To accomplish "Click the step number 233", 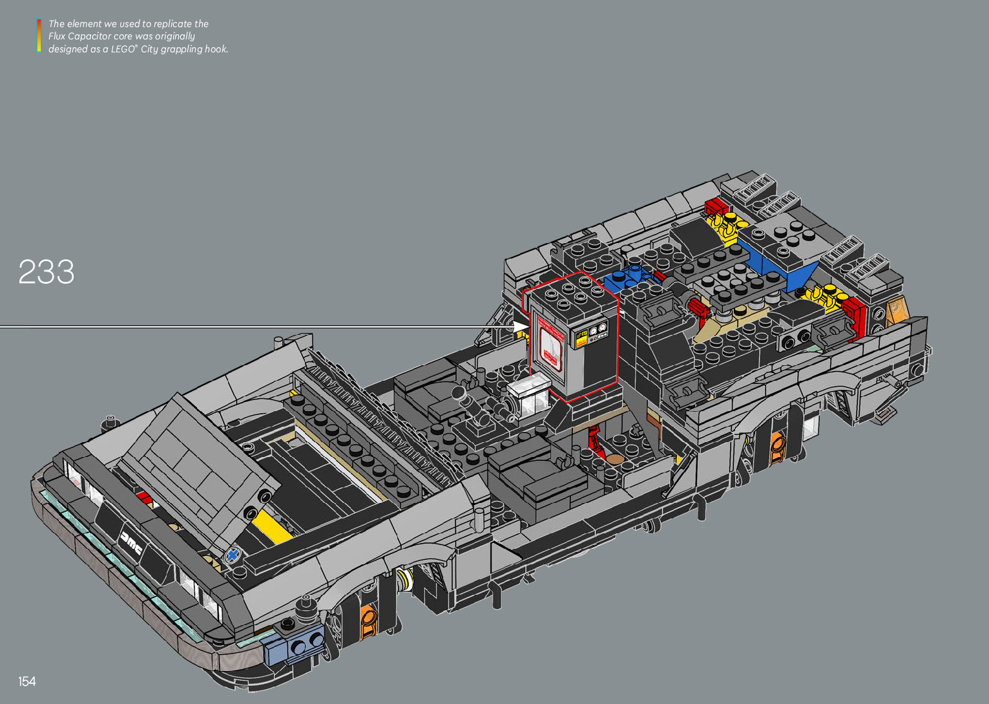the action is pos(47,272).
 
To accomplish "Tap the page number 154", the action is pos(27,681).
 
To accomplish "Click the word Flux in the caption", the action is pos(56,36).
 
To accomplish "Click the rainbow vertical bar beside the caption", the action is pos(39,36).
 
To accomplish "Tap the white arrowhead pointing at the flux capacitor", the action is pos(519,326).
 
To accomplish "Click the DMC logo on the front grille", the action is pos(131,543).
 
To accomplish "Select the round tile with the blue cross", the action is pos(233,555).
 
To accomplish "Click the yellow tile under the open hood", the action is pos(271,526).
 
